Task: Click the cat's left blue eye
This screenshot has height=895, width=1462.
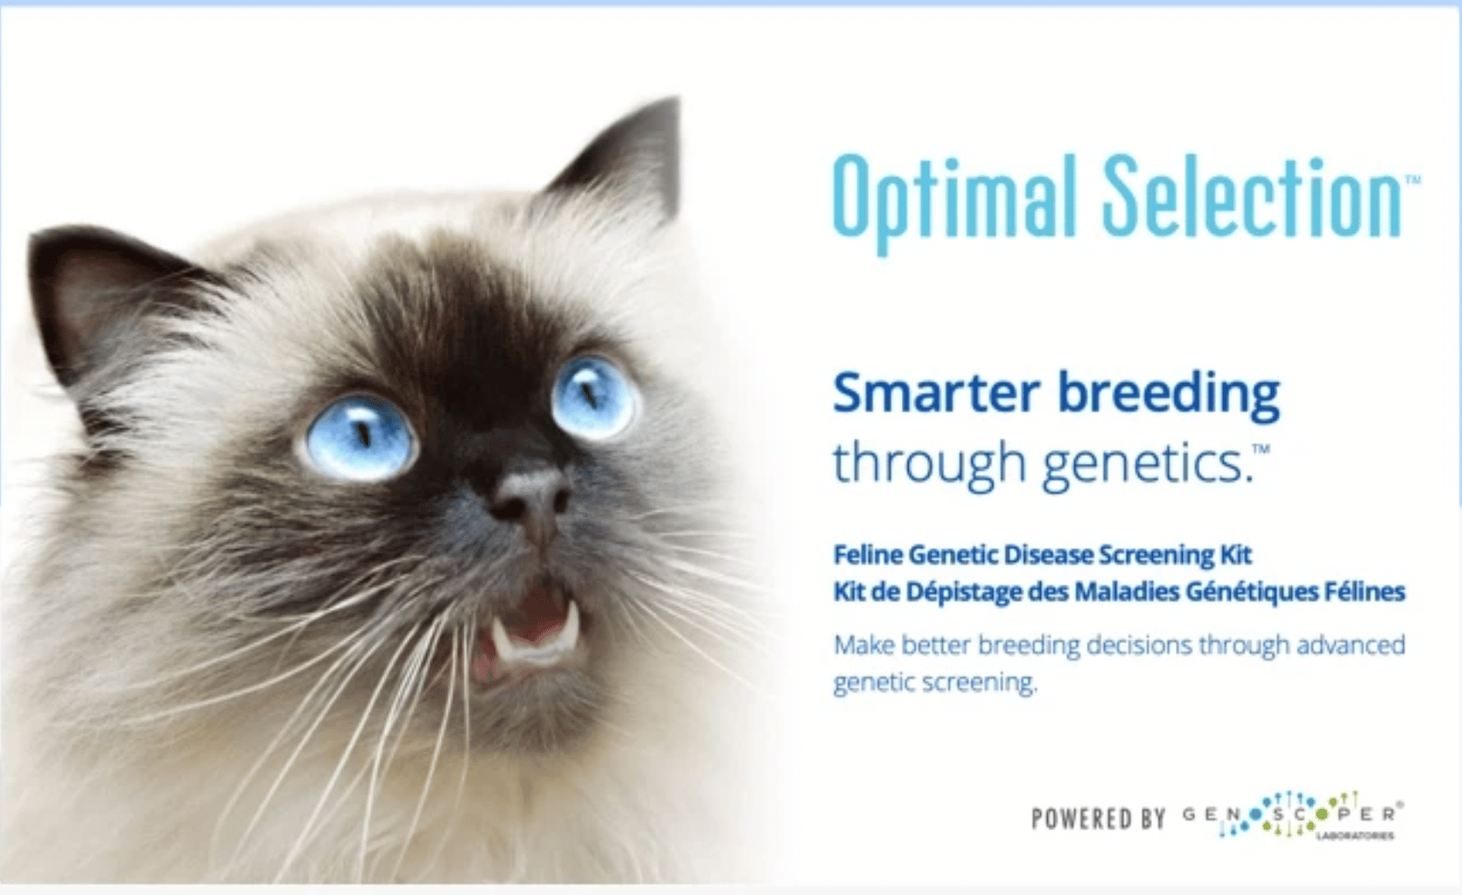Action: pyautogui.click(x=360, y=436)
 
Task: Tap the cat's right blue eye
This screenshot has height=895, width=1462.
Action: pyautogui.click(x=594, y=398)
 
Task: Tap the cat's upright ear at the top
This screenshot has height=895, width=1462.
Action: pyautogui.click(x=620, y=163)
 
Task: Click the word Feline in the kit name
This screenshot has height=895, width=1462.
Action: pyautogui.click(x=868, y=555)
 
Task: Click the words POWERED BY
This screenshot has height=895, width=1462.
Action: pyautogui.click(x=1098, y=819)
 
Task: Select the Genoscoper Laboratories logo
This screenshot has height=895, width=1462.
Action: pyautogui.click(x=1293, y=816)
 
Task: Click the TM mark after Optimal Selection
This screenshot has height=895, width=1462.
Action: pyautogui.click(x=1412, y=178)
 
